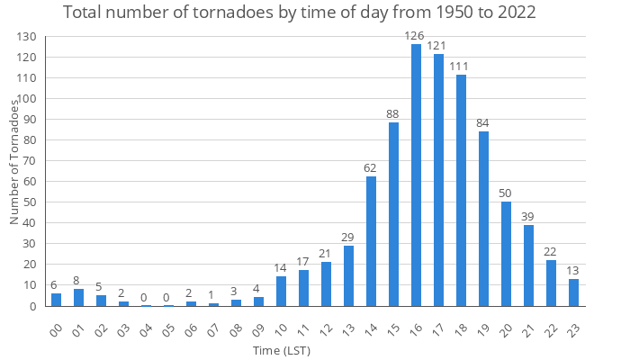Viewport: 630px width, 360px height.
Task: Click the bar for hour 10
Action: (282, 291)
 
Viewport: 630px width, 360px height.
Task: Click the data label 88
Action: (394, 114)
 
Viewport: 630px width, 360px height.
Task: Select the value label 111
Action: (462, 67)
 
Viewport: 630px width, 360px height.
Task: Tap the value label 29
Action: (349, 237)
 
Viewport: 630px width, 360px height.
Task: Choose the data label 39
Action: (529, 216)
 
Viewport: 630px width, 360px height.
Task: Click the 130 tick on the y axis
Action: (27, 37)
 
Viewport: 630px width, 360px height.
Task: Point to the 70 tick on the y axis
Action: (31, 161)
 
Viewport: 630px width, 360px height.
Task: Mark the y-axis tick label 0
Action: (34, 306)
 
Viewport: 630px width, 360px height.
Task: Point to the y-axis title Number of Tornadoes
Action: (15, 162)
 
